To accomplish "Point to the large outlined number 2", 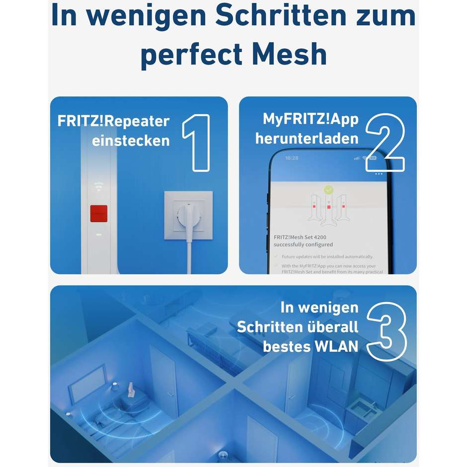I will tap(386, 143).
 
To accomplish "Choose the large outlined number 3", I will tap(387, 331).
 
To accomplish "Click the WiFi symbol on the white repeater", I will tap(99, 187).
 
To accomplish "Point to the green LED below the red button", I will tap(99, 234).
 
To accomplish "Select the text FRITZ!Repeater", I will tap(113, 121).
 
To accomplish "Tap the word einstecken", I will tap(131, 141).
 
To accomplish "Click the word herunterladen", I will tap(307, 138).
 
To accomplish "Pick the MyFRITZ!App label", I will tap(311, 119).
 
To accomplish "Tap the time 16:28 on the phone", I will tap(292, 158).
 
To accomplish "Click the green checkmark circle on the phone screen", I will tap(328, 190).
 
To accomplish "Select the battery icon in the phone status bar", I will tap(373, 158).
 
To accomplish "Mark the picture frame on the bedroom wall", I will tap(86, 383).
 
